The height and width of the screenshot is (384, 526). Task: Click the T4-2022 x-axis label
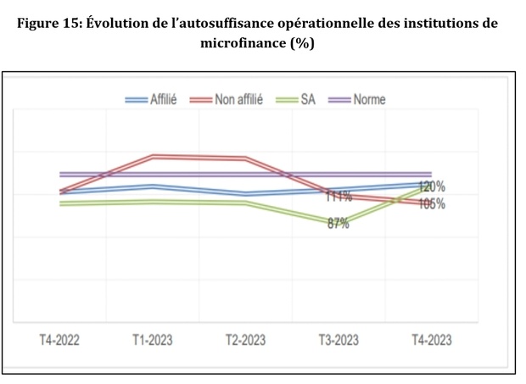coord(59,340)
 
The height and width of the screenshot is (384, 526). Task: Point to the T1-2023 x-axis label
coord(152,340)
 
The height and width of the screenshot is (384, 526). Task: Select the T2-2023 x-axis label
coord(245,340)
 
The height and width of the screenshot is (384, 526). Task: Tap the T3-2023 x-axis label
coord(338,340)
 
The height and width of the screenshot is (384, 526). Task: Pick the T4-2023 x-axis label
coord(431,340)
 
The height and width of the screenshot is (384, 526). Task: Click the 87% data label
coord(338,224)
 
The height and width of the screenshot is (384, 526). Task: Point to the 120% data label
coord(432,186)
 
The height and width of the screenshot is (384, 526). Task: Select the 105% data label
coord(432,204)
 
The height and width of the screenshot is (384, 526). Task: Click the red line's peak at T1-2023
coord(153,156)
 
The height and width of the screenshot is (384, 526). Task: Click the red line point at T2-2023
coord(245,158)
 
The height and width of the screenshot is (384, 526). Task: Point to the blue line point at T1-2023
coord(153,186)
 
